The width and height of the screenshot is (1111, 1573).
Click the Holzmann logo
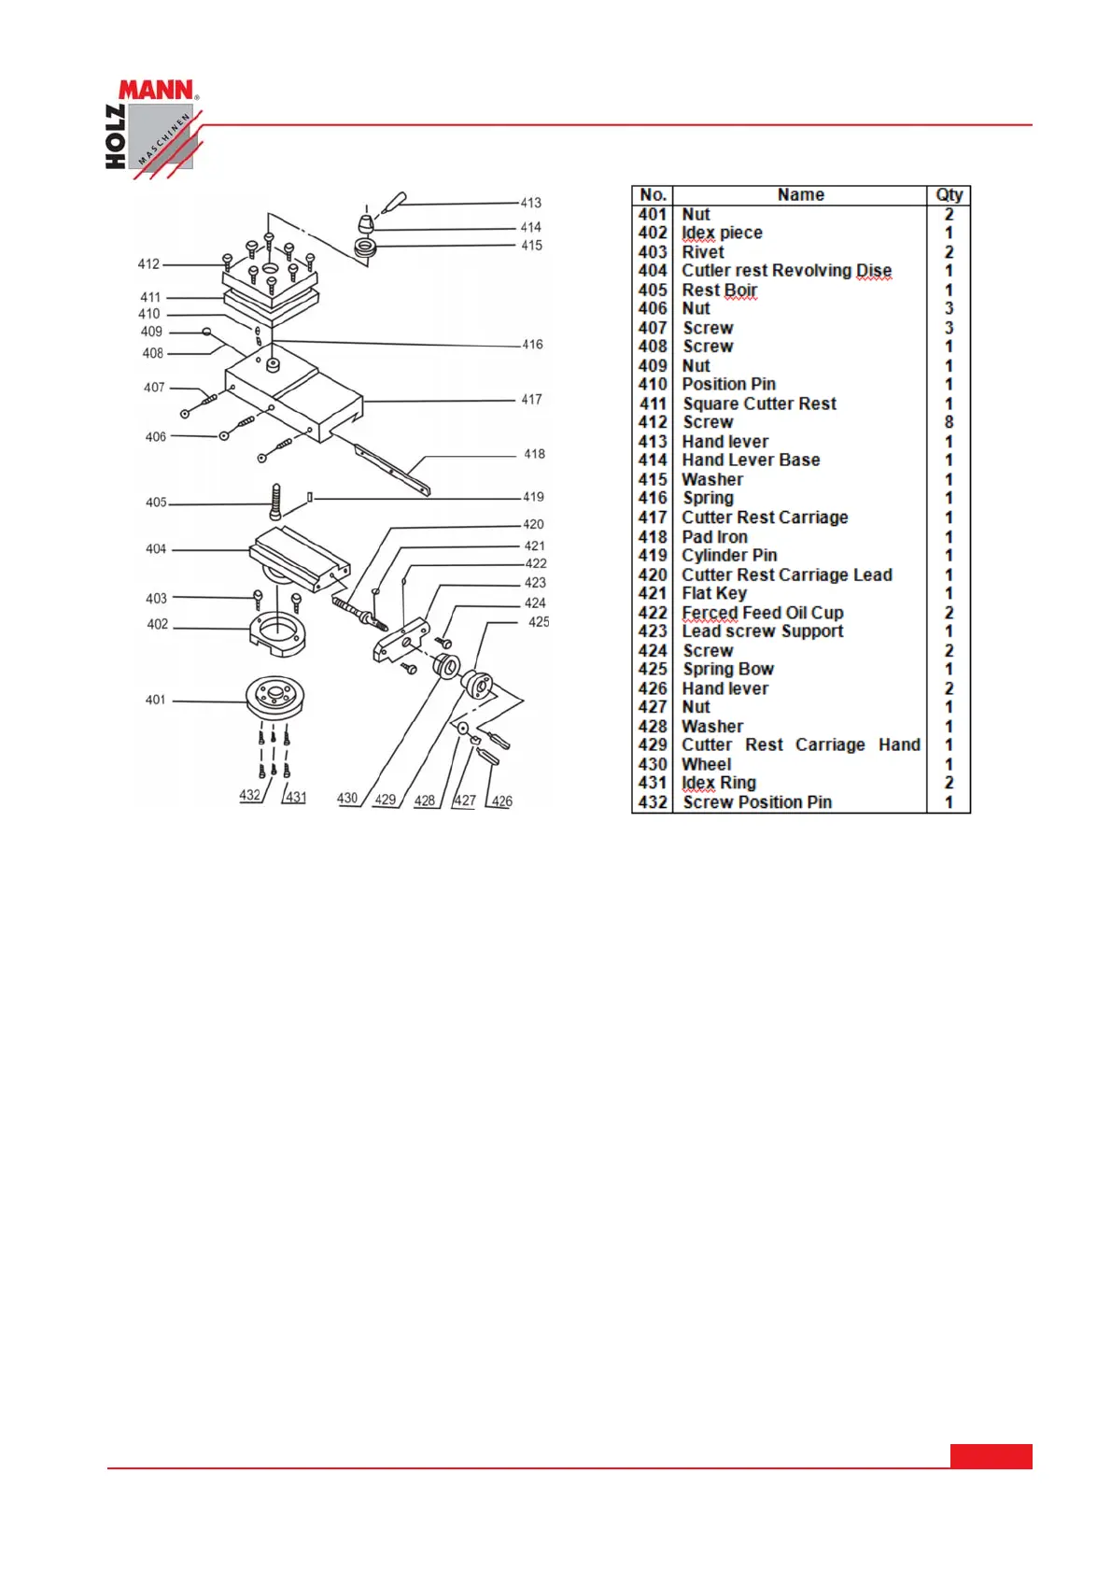151,127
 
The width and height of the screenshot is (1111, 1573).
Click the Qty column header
949,195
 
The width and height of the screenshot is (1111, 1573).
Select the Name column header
800,195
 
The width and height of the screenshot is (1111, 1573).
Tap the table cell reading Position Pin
728,384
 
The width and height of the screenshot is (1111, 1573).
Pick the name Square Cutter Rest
759,404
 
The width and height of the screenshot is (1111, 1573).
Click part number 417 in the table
653,517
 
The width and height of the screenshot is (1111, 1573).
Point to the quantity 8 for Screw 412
949,422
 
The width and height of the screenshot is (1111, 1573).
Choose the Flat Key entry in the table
714,593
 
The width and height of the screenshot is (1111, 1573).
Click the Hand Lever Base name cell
751,460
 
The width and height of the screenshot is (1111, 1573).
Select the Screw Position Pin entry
757,802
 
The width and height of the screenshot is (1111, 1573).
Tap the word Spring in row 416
708,498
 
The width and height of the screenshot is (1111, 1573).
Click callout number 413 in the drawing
530,203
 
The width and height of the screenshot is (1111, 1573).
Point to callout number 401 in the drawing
155,700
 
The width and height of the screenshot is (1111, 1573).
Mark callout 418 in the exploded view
534,454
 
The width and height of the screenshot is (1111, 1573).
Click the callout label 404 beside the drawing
156,549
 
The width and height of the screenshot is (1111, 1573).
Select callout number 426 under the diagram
501,801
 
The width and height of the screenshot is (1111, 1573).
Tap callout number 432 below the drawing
249,795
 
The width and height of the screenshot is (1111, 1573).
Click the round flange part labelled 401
274,696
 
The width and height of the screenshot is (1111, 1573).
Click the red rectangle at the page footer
991,1456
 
